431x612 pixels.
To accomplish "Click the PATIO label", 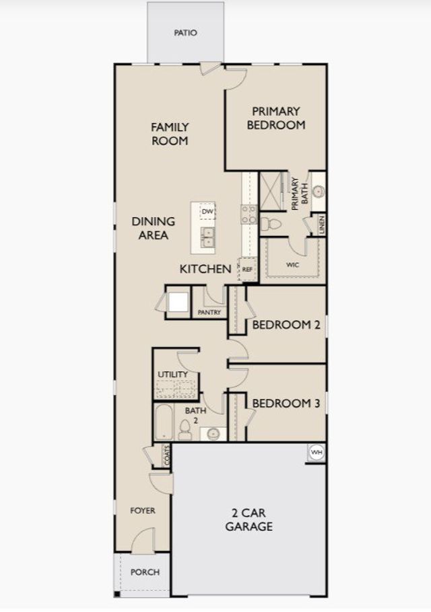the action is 185,33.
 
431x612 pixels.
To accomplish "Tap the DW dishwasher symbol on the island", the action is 207,212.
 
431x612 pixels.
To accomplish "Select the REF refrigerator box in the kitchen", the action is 247,269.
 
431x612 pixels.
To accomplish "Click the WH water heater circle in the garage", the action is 317,453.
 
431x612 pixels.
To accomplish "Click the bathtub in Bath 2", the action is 164,422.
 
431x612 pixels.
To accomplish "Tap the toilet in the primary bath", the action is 271,224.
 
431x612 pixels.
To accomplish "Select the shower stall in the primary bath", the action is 271,192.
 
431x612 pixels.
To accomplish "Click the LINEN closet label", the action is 322,225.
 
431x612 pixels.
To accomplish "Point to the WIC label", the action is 292,264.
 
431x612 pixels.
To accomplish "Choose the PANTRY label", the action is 209,312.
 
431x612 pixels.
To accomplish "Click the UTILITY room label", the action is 172,375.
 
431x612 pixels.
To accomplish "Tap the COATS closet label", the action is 167,455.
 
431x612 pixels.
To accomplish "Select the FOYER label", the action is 143,510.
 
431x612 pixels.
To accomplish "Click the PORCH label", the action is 145,572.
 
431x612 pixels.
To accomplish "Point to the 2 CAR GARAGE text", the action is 249,519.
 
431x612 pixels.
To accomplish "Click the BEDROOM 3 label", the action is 286,404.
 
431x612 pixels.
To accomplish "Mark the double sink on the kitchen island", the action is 208,237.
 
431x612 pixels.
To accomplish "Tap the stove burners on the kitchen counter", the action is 249,215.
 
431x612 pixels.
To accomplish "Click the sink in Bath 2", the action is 213,434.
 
